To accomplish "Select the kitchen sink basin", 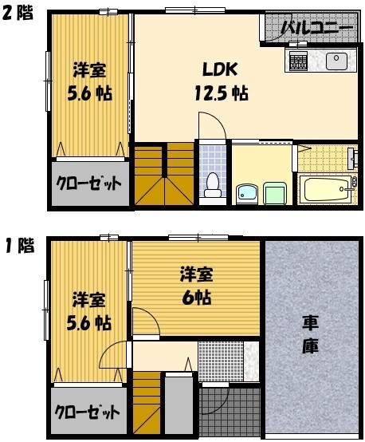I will click(335, 59).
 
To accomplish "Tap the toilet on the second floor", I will click(212, 184).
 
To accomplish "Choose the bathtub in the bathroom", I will click(327, 190).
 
